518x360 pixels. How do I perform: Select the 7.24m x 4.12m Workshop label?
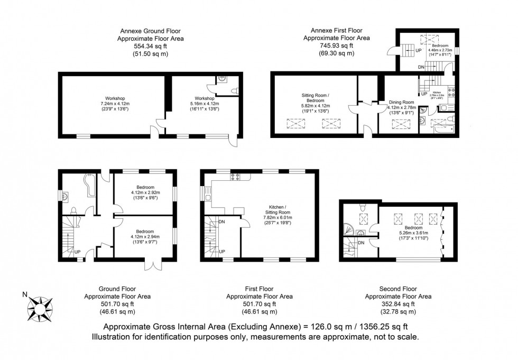pos(115,103)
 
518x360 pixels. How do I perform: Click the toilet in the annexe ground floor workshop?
pos(234,91)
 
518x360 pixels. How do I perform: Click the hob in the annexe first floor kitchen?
pos(451,94)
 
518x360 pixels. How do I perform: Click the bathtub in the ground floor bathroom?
pos(87,186)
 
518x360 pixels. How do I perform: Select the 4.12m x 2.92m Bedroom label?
pos(145,191)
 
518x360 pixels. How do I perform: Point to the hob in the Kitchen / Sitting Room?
pos(236,176)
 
